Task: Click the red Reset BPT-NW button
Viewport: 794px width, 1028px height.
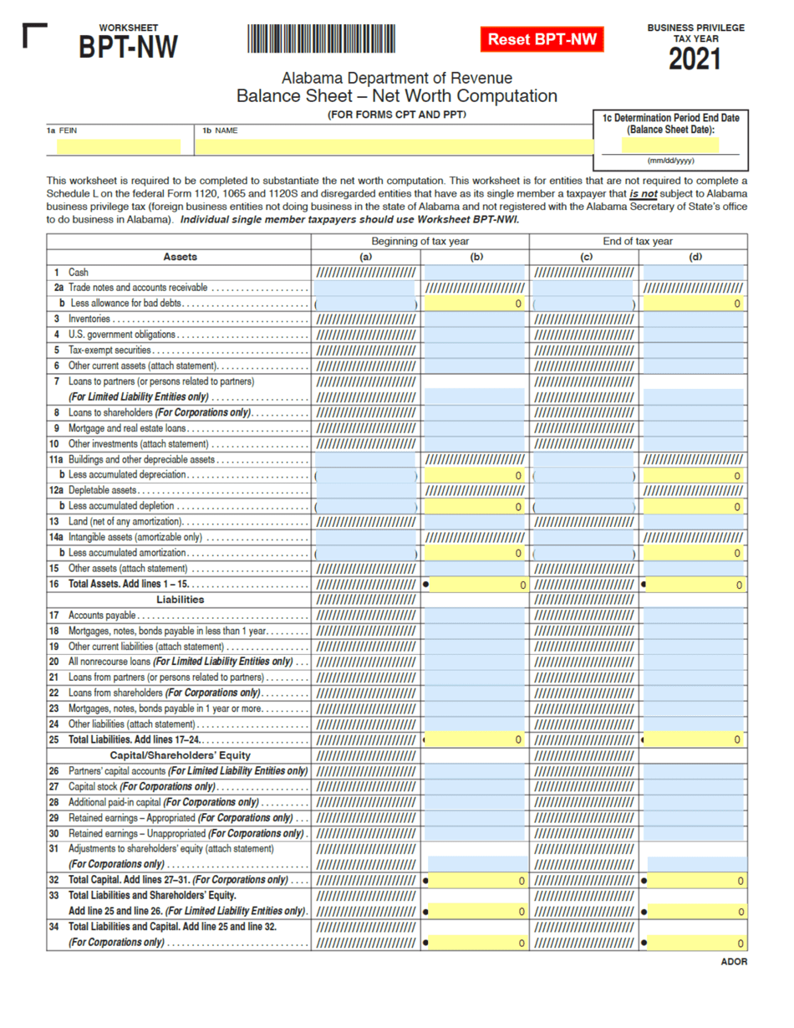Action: (x=542, y=39)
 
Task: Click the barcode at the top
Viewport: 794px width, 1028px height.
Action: (x=321, y=39)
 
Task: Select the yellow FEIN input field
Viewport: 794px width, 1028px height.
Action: (x=119, y=147)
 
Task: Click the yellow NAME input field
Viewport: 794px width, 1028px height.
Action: (x=392, y=147)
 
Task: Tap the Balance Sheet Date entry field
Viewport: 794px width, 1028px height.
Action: (x=670, y=145)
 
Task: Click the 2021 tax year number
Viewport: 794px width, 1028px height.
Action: (x=695, y=59)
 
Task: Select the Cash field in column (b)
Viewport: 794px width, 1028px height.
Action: (x=476, y=273)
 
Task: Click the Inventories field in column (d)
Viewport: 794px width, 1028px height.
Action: (x=693, y=319)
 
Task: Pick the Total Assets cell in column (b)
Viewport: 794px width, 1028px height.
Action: (x=476, y=585)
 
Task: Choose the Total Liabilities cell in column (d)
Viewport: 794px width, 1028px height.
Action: (x=693, y=739)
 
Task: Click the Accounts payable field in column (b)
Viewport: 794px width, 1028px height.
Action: (x=476, y=616)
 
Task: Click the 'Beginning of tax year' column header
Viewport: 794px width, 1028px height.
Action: (x=420, y=242)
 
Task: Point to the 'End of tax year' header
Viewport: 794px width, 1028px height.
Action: (x=638, y=242)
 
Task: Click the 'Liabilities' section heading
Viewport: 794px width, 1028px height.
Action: (x=181, y=600)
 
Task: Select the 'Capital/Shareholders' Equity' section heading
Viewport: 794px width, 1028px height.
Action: (x=181, y=754)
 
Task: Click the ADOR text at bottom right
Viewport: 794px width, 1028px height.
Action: (x=733, y=962)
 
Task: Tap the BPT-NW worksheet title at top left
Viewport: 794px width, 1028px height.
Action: (x=128, y=47)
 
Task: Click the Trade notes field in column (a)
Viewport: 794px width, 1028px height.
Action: (x=364, y=288)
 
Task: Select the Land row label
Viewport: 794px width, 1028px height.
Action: (x=125, y=522)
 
